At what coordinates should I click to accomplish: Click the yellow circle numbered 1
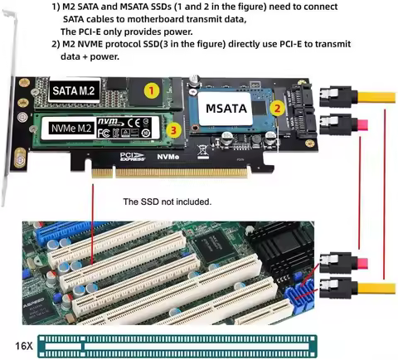click(150, 89)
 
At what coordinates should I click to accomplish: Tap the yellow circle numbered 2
click(278, 106)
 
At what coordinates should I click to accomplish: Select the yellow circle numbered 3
click(172, 130)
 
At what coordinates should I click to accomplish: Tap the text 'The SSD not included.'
click(167, 202)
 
